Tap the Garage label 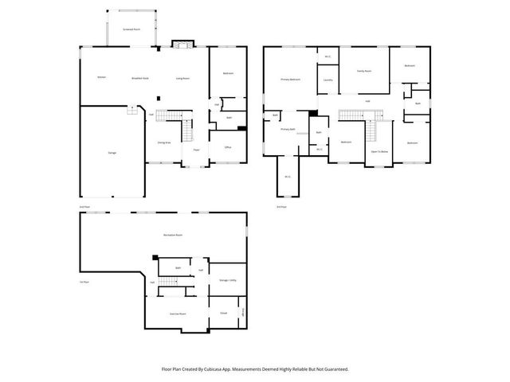pos(111,152)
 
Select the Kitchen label pos(101,77)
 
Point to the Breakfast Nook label pos(140,78)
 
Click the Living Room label pos(182,78)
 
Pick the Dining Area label pos(163,142)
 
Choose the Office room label pos(227,147)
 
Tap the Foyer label pos(195,149)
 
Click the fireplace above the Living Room pos(181,44)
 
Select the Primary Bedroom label pos(290,80)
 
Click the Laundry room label pos(328,80)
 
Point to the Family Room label pos(363,71)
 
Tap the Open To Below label pos(379,150)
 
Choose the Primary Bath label pos(288,129)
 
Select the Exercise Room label pos(177,314)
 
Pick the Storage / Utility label pos(227,280)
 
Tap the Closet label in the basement pos(223,313)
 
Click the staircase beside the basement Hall pos(168,283)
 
